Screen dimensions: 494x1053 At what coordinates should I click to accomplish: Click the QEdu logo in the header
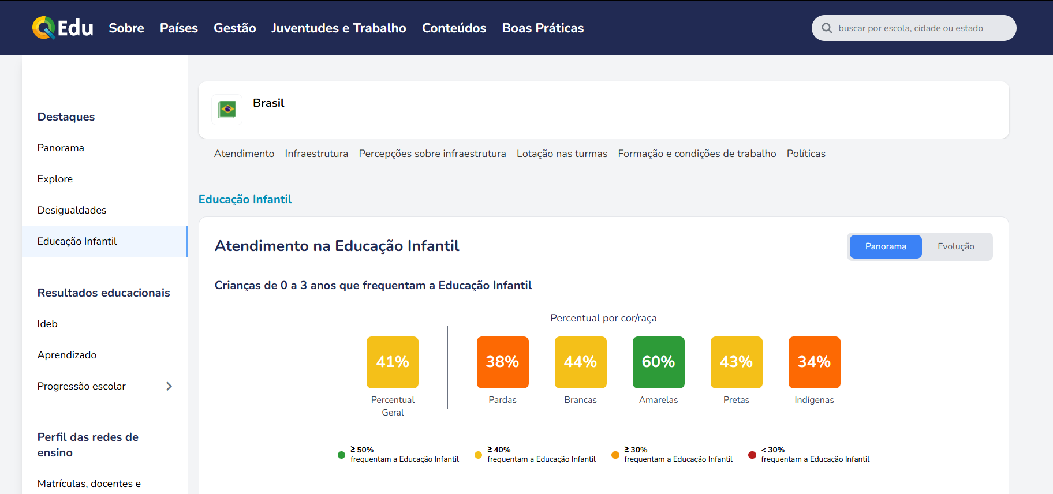62,28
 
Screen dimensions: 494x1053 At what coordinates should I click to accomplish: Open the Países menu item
179,28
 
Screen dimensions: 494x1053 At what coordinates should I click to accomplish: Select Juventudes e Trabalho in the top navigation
339,28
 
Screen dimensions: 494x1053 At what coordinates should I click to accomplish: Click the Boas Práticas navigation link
543,28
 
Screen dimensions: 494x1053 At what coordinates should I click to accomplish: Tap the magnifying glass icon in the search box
827,28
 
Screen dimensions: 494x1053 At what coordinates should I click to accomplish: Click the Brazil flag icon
227,109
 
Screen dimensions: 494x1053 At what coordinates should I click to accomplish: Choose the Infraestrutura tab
316,154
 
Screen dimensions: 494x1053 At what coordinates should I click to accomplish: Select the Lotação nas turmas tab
562,154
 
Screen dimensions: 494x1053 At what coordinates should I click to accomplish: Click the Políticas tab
806,154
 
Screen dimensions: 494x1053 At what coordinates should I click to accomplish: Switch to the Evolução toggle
955,246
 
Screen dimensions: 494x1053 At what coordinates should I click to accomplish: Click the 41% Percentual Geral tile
393,362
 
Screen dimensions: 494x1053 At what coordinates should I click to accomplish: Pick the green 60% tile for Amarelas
658,362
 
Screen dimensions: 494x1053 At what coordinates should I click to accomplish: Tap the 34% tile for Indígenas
814,362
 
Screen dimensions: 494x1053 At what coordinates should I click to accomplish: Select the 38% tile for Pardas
502,362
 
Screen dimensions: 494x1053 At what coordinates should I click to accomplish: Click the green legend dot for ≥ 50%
341,455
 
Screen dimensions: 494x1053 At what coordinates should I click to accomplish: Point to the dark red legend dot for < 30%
752,455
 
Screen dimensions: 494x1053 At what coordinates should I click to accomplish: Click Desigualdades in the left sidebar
72,210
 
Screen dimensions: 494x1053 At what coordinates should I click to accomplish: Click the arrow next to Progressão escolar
169,386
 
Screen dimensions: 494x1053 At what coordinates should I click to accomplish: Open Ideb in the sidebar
47,324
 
